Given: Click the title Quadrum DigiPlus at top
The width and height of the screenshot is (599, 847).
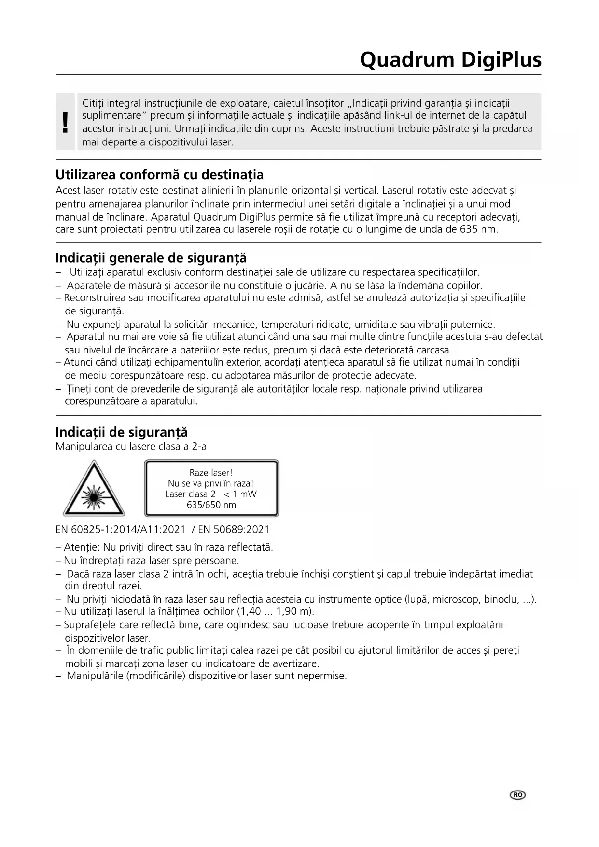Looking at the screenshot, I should [450, 60].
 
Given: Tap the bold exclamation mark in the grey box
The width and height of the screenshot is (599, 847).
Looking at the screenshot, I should [66, 122].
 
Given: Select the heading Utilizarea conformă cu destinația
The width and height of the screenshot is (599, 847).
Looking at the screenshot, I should [159, 174].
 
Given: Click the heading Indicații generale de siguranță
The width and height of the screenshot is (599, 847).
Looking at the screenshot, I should [151, 257].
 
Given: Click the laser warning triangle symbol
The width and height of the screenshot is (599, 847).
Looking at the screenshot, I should [94, 489].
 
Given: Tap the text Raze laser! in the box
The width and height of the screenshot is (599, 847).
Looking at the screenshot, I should [211, 473].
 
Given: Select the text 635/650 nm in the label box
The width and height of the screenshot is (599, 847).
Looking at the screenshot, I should [211, 505].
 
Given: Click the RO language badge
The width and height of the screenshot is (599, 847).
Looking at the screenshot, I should [517, 795].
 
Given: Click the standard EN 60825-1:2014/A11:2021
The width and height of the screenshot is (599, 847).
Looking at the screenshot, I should [120, 529].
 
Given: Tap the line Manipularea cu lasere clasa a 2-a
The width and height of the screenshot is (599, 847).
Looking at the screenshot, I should [131, 446].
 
